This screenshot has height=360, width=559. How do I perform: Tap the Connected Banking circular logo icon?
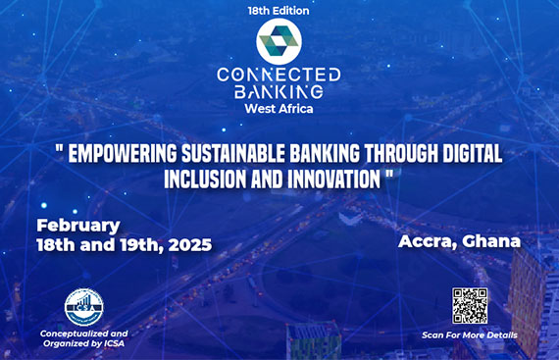coord(279,42)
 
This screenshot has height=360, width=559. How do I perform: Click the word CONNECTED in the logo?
coord(279,75)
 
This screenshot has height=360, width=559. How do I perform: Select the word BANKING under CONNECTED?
coord(279,91)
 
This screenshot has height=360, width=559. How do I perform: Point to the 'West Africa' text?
coord(279,108)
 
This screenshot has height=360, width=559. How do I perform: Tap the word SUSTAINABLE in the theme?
coord(254,153)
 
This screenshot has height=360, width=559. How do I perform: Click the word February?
coord(77,225)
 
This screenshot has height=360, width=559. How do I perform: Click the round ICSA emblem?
coord(83,308)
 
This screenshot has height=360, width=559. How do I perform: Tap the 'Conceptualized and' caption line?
coord(83,334)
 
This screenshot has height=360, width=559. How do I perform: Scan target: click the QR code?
coord(469,305)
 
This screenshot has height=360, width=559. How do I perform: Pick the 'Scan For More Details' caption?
coord(469,335)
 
